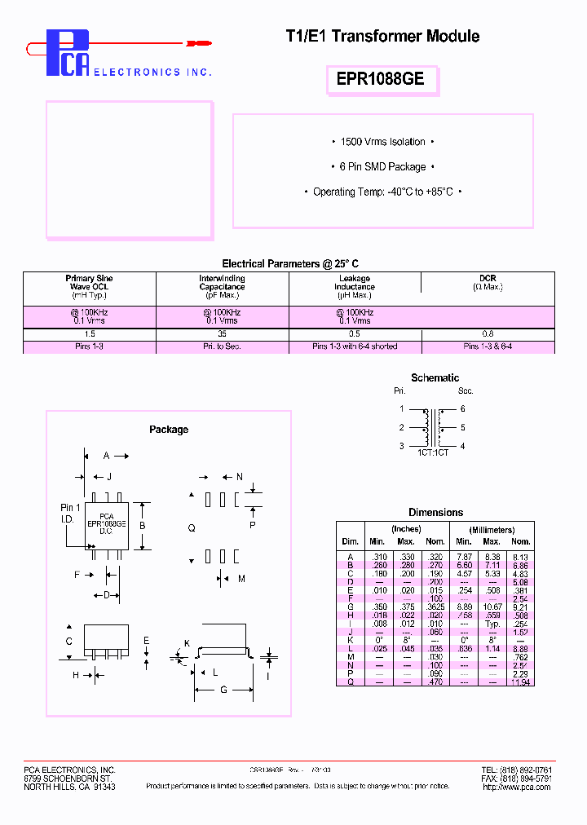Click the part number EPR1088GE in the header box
coord(380,80)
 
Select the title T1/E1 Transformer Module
coord(382,37)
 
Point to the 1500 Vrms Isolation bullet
coord(382,142)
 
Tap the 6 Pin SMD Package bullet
coord(382,166)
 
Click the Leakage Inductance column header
coord(355,283)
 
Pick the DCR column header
coord(488,279)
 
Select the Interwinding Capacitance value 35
coord(222,334)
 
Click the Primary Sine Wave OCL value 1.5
coord(89,334)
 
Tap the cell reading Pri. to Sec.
coord(222,346)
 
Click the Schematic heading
coord(435,377)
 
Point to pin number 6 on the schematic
coord(462,408)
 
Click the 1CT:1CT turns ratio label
coord(433,452)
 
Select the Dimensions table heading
coord(435,512)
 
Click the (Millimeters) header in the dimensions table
coord(492,530)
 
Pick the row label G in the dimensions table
coord(350,607)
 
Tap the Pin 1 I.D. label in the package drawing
coord(71,513)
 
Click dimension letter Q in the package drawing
coord(192,528)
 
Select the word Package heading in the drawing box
coord(169,430)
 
